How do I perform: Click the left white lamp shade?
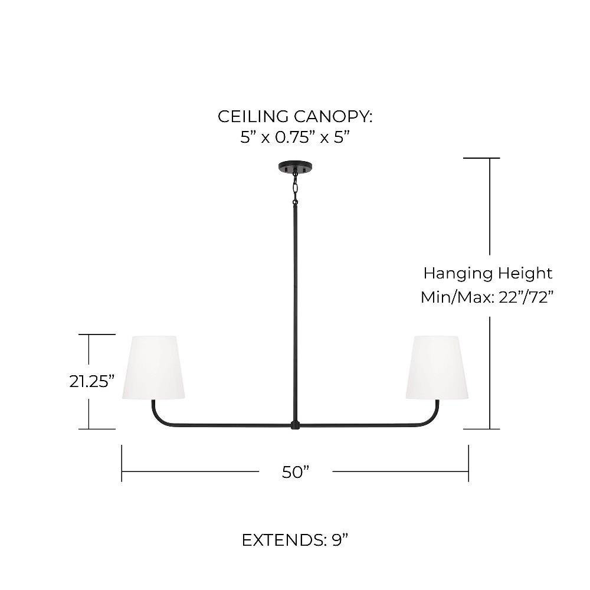point(153,367)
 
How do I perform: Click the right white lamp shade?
point(437,367)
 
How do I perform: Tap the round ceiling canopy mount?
point(296,168)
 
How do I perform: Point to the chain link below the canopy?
point(296,185)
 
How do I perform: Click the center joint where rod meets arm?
point(296,425)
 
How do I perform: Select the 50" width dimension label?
point(296,472)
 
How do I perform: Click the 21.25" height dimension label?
point(92,381)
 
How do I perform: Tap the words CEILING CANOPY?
point(295,117)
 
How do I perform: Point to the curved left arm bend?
point(158,418)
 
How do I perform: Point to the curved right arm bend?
point(432,418)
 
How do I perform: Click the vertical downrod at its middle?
point(296,312)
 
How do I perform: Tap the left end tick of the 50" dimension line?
point(122,463)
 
